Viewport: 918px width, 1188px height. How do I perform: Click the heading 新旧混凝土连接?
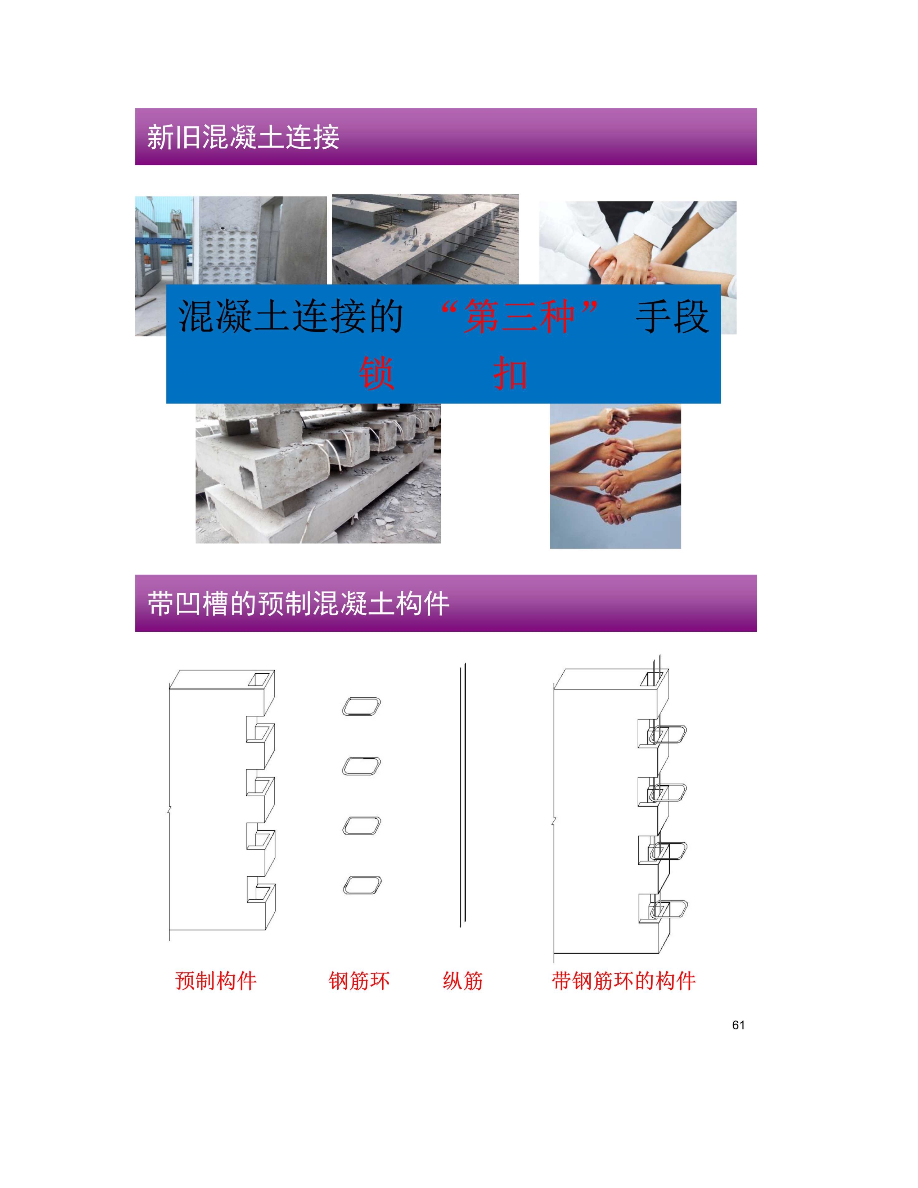pyautogui.click(x=243, y=136)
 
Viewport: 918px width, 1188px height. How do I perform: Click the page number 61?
pyautogui.click(x=738, y=1025)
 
